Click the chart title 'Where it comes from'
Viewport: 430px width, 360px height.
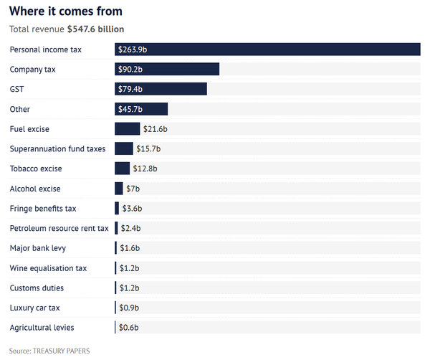(x=65, y=11)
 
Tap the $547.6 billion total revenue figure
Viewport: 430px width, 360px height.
(x=95, y=29)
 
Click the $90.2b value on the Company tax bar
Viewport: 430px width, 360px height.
(x=130, y=70)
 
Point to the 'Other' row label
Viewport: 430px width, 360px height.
(x=19, y=109)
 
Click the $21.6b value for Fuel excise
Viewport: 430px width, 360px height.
(x=155, y=129)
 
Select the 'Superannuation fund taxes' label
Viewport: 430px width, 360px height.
(x=57, y=148)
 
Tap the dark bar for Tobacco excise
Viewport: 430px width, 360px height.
(x=122, y=169)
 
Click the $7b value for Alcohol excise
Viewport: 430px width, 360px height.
(x=133, y=189)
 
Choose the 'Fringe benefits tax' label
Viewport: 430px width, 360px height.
(x=43, y=208)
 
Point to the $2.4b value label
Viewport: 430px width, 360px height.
(x=130, y=228)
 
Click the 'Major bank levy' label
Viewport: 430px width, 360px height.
(x=38, y=248)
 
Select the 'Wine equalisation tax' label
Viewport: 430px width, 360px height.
(x=48, y=267)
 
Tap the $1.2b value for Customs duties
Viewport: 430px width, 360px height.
(x=128, y=288)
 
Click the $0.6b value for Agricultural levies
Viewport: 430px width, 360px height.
(x=128, y=328)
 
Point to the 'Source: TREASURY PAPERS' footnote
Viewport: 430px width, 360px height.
(x=49, y=351)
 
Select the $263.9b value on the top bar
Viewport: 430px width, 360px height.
(x=132, y=49)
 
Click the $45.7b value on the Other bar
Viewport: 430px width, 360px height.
(x=130, y=109)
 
